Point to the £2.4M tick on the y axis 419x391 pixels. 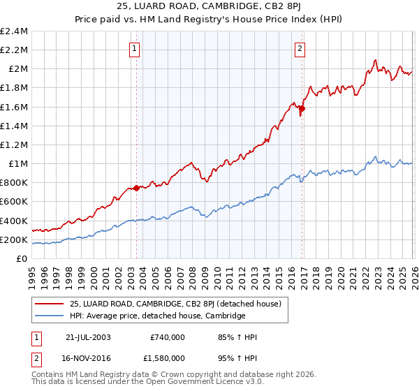tap(14, 31)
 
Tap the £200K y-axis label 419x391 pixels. tap(14, 239)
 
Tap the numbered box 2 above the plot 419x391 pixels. tap(300, 49)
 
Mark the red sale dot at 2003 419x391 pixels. tap(136, 188)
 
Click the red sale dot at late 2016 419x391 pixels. tap(302, 108)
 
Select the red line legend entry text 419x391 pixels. tap(175, 304)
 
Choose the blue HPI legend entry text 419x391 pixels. tap(157, 316)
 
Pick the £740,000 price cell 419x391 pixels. tap(167, 337)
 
